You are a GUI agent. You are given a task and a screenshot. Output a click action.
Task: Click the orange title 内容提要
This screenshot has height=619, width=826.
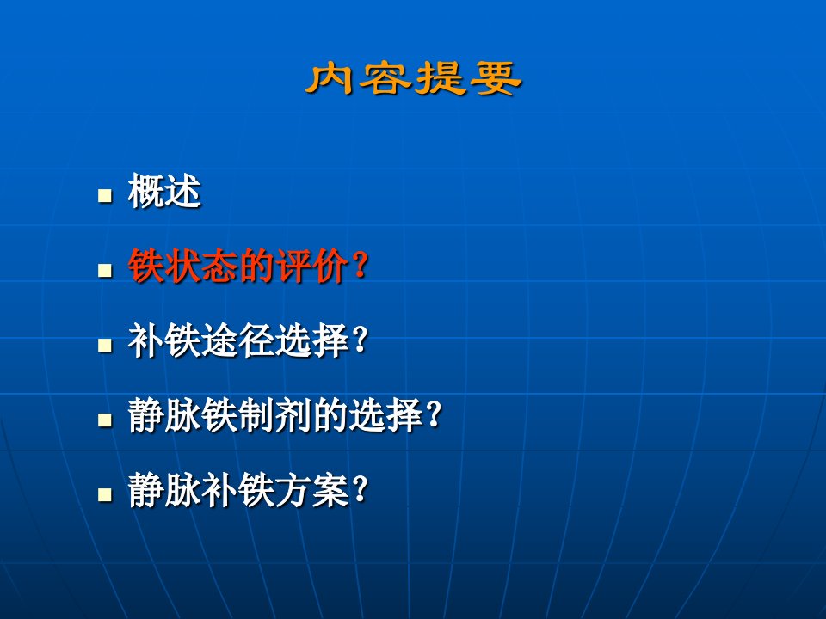(x=414, y=79)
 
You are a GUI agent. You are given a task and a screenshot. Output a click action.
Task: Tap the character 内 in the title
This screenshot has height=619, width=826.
(x=330, y=79)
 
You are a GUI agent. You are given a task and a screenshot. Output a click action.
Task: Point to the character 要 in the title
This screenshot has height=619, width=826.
(x=496, y=79)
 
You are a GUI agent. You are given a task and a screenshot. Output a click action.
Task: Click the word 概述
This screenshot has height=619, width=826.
(x=164, y=191)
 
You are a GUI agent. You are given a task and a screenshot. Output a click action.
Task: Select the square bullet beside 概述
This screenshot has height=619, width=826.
(x=105, y=196)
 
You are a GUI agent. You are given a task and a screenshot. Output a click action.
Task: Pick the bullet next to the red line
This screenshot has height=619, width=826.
(x=105, y=271)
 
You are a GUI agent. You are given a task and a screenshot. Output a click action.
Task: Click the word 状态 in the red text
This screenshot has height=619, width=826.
(x=201, y=266)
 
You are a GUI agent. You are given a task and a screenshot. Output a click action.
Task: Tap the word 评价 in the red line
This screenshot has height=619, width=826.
(x=311, y=266)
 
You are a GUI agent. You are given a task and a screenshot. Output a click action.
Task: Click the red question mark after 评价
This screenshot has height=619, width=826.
(x=361, y=266)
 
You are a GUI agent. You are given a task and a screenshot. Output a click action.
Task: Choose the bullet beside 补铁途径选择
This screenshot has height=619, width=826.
(x=105, y=346)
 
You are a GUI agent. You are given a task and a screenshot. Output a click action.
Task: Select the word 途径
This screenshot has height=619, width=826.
(x=238, y=340)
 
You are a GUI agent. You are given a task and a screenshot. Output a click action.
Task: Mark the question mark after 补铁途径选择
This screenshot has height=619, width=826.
(x=361, y=340)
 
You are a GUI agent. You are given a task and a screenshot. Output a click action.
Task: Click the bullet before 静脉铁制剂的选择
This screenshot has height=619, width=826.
(x=105, y=420)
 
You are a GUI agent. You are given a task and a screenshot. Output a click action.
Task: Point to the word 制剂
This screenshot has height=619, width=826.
(x=275, y=415)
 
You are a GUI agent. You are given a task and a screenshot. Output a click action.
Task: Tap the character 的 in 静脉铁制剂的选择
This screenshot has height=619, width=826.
(x=330, y=415)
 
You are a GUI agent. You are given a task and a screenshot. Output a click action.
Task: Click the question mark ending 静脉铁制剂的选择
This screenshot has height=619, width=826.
(x=434, y=415)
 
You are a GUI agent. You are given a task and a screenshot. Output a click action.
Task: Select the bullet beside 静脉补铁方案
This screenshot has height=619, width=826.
(x=105, y=495)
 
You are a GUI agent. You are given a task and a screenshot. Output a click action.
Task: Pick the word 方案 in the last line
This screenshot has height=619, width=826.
(x=311, y=490)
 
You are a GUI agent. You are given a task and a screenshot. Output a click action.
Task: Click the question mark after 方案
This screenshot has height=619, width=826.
(x=361, y=490)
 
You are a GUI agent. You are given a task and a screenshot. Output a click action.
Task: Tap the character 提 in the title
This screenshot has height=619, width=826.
(x=441, y=79)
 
